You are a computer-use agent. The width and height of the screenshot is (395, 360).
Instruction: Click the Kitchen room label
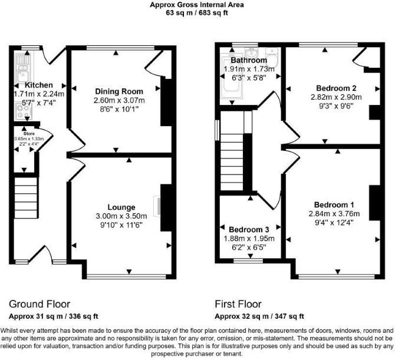[39, 85]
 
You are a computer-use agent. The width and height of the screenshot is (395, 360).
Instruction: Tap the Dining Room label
[119, 91]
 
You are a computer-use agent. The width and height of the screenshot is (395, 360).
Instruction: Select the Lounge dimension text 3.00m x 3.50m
[121, 216]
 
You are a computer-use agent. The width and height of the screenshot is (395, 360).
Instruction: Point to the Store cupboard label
[29, 133]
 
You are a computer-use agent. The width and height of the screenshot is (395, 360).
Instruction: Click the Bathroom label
[249, 60]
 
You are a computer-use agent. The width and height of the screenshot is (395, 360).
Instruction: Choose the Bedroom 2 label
[336, 88]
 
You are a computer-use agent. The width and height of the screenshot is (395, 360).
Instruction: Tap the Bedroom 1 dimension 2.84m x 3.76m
[334, 214]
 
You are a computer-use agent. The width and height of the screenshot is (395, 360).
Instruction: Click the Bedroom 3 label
[249, 230]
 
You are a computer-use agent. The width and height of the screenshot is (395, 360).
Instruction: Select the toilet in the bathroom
[271, 55]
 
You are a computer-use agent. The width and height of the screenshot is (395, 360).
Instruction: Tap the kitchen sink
[22, 68]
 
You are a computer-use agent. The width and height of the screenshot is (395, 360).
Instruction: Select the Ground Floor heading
[39, 304]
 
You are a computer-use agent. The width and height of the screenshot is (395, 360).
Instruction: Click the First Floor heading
[238, 304]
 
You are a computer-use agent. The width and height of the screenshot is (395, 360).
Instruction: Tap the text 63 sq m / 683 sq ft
[197, 12]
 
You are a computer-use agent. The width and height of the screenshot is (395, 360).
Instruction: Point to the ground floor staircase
[26, 198]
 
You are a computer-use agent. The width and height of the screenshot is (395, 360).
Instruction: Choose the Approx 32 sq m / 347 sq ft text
[259, 316]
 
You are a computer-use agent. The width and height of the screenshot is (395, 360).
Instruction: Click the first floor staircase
[232, 162]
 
